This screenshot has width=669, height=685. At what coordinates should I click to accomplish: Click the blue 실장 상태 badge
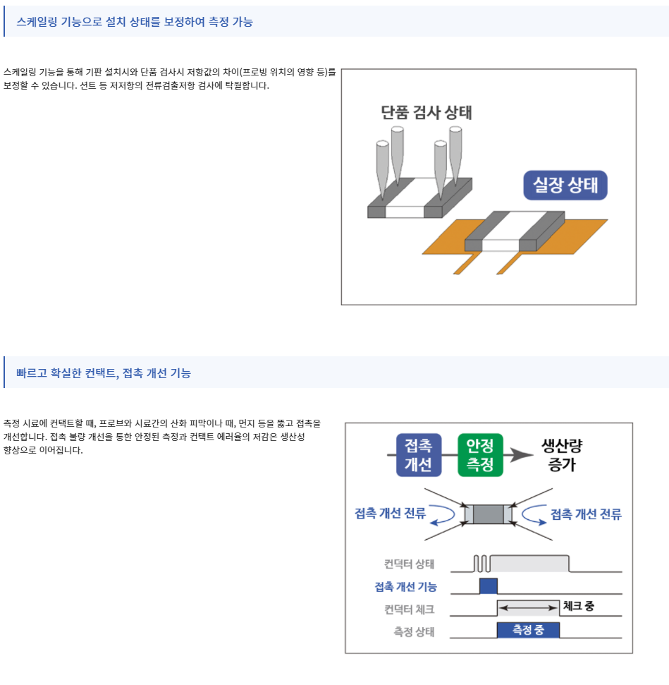565,186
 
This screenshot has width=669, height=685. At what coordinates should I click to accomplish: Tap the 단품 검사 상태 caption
426,112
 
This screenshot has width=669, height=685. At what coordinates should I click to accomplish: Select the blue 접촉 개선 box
418,455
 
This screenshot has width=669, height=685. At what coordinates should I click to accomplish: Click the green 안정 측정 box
480,455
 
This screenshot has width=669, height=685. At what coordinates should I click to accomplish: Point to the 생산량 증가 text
562,455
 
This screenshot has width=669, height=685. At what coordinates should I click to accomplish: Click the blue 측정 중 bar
528,630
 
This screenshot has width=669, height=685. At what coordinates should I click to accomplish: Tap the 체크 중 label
579,606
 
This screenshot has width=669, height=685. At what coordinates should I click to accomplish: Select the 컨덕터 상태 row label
409,564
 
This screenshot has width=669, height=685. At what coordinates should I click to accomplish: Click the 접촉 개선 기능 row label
405,587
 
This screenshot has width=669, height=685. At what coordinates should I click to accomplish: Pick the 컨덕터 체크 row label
409,610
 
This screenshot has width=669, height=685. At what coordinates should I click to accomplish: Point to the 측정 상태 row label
414,631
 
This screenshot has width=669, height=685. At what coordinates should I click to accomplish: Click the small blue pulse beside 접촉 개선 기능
489,586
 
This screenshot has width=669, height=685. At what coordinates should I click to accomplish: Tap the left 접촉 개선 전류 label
390,514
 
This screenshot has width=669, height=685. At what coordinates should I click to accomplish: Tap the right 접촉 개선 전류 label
586,514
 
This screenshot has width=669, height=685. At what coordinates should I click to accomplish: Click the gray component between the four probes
489,514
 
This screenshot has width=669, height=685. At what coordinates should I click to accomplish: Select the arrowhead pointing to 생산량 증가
522,455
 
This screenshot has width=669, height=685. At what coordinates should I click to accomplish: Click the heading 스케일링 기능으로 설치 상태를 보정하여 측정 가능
135,22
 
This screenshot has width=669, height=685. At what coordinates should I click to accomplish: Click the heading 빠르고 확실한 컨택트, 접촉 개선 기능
104,373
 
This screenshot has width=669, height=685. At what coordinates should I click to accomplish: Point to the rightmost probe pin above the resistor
455,154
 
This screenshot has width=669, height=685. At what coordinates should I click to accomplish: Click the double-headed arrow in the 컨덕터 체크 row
528,607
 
